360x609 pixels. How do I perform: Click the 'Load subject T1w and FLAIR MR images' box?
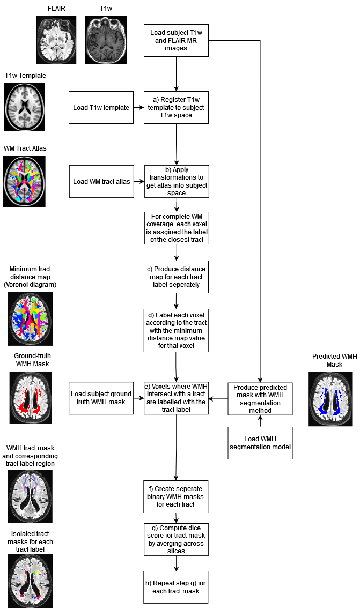(176, 40)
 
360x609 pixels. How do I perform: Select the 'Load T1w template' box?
(101, 107)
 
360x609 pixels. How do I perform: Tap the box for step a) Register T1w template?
(176, 107)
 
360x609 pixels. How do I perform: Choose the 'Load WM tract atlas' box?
(101, 181)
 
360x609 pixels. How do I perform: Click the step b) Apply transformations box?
(176, 181)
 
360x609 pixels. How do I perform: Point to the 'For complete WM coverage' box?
(176, 228)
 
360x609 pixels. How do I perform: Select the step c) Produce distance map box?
(176, 277)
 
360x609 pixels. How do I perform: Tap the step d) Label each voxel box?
(176, 330)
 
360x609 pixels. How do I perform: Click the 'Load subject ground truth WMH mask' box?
(101, 398)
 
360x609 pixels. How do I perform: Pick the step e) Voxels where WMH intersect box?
(176, 398)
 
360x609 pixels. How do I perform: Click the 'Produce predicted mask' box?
(260, 399)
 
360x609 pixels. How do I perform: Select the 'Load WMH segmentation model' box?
(260, 443)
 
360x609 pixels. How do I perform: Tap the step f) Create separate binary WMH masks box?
(176, 497)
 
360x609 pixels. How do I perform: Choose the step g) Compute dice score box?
(176, 539)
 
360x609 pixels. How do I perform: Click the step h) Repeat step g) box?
(176, 587)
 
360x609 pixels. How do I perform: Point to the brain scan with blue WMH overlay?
(330, 399)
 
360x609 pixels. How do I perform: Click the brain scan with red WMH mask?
(31, 398)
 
